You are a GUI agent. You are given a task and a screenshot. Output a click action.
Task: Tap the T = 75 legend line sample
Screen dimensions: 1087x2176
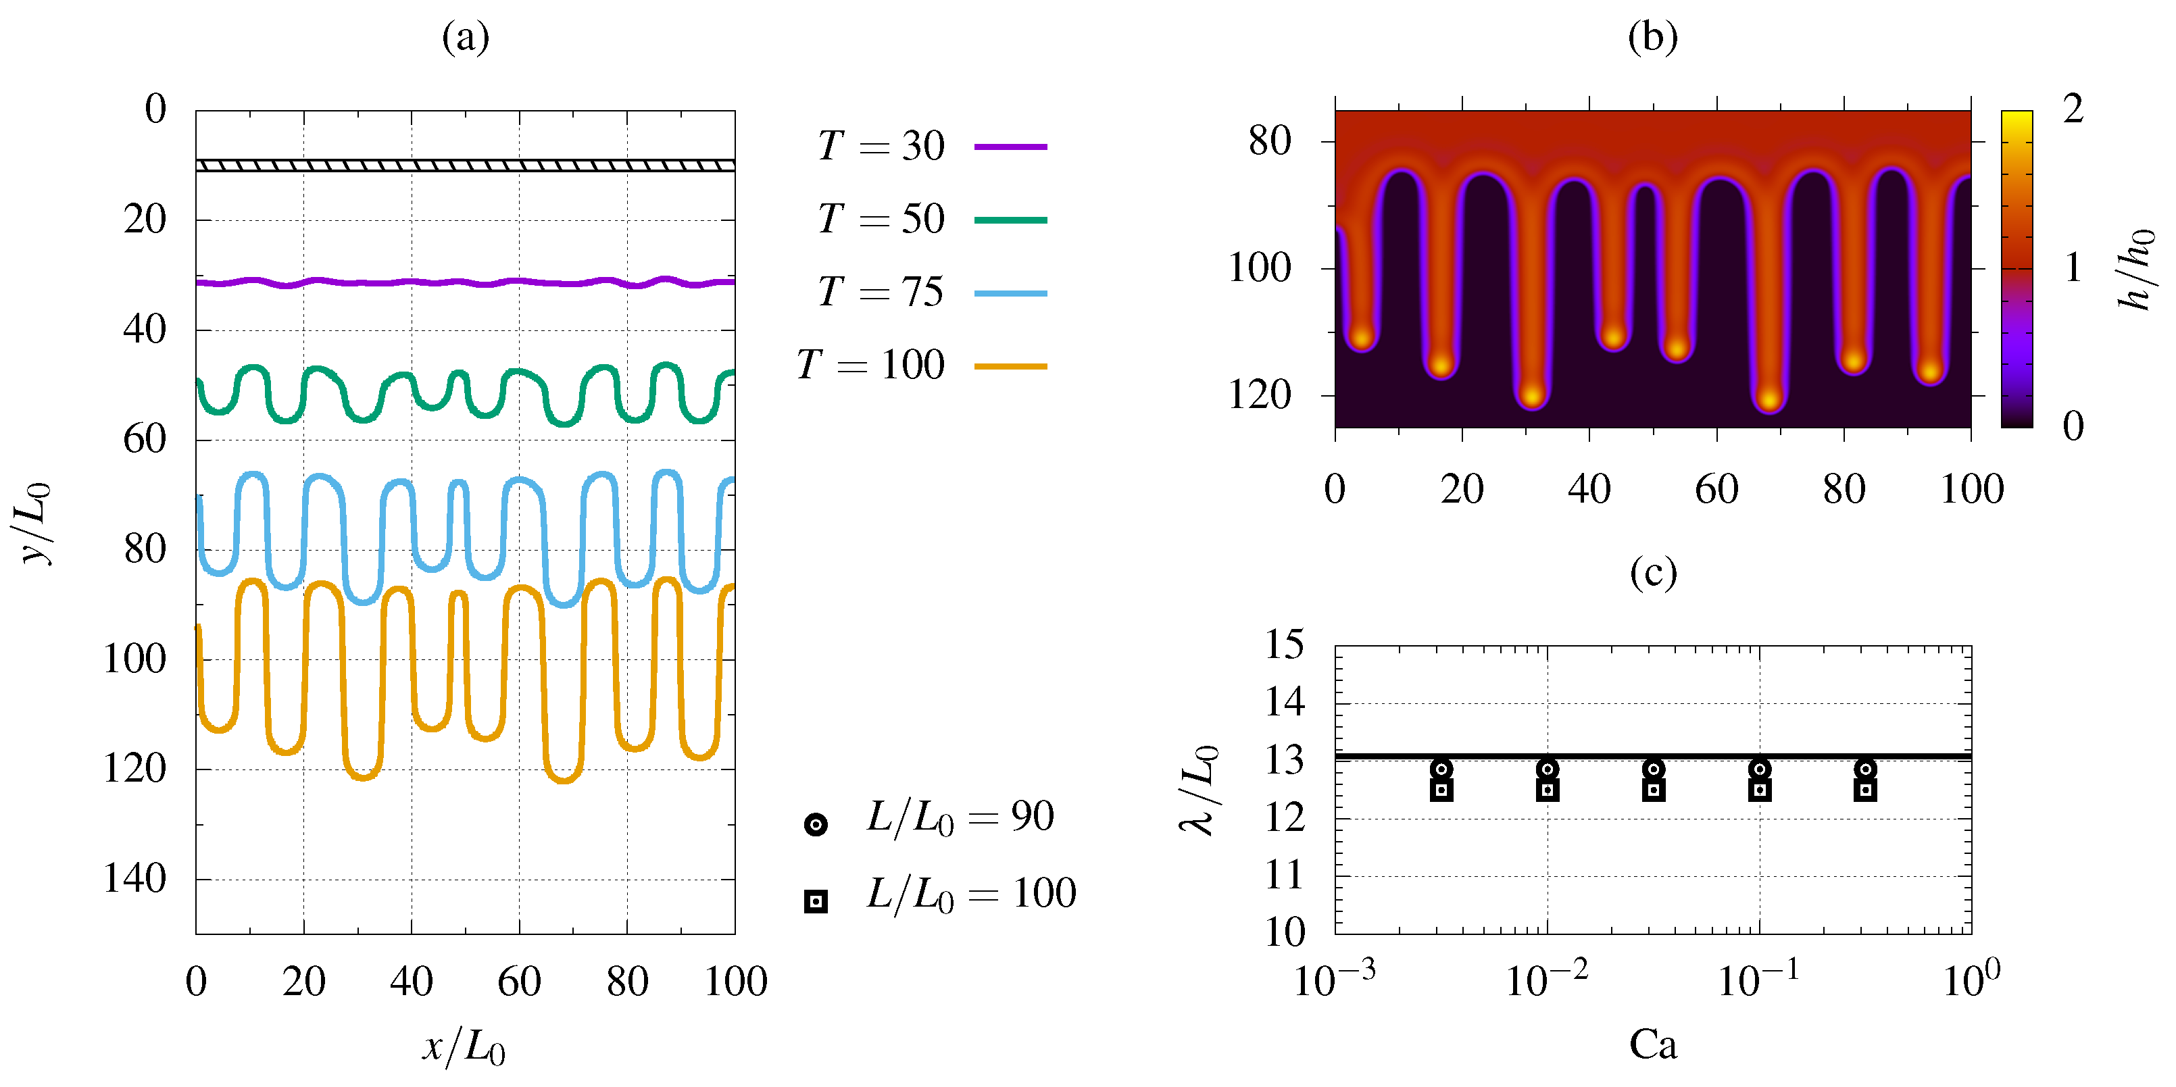click(1010, 293)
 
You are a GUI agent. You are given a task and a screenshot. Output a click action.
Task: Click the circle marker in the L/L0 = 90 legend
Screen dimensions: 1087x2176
click(816, 824)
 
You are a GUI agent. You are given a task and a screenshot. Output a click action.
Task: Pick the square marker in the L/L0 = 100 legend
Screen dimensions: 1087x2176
click(816, 901)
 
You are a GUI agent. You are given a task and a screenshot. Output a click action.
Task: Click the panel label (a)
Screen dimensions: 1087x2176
click(466, 36)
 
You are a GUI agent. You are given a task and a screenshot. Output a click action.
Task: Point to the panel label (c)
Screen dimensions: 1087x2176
click(1652, 573)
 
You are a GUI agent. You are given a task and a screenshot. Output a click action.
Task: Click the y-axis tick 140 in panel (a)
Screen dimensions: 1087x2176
click(134, 878)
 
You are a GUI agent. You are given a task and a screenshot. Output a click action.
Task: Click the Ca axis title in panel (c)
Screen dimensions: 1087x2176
click(1652, 1044)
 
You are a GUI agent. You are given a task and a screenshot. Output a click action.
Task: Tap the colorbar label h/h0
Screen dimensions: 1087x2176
click(2136, 269)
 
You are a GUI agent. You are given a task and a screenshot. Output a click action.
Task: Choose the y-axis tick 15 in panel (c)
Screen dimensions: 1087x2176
click(1284, 644)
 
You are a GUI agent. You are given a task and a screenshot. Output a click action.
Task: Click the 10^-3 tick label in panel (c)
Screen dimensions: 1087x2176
click(1334, 980)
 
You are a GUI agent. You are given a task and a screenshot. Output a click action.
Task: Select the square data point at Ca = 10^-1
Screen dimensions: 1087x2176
click(1760, 790)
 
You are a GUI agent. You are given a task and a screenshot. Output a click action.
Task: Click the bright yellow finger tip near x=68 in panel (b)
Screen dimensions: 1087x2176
click(1769, 399)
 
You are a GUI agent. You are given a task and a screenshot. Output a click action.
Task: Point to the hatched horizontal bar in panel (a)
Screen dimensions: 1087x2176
click(465, 166)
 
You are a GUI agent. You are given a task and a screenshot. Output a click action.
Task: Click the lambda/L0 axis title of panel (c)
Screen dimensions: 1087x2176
click(1200, 790)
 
